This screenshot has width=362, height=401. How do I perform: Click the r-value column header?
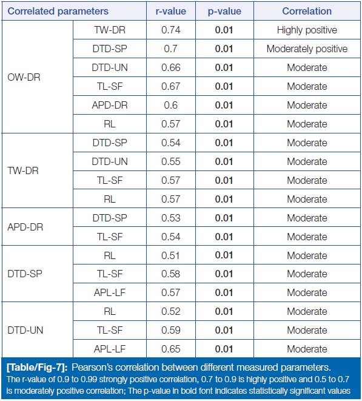(171, 12)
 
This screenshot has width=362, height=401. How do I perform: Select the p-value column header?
(224, 12)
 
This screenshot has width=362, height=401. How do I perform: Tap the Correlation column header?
(307, 12)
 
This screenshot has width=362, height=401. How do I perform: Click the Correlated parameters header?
(58, 12)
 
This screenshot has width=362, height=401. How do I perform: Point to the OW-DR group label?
(24, 77)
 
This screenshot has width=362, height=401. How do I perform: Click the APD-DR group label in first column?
(25, 227)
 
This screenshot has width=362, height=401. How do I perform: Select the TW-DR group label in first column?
(23, 170)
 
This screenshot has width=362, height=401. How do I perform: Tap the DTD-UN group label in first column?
(25, 330)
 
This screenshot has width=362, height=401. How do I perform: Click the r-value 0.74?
(171, 30)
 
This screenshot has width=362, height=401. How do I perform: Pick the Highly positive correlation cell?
(307, 30)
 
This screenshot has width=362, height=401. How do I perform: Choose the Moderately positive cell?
(307, 49)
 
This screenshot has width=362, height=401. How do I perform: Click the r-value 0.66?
(171, 67)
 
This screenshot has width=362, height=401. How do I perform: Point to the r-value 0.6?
(171, 105)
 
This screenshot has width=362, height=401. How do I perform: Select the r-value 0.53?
(171, 218)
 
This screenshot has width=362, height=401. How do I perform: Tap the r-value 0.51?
(171, 255)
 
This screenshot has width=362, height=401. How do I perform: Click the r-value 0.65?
(171, 349)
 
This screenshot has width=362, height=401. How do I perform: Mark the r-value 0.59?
(171, 330)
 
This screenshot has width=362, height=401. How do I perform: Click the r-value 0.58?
(171, 274)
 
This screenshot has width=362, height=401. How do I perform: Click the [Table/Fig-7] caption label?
(38, 368)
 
